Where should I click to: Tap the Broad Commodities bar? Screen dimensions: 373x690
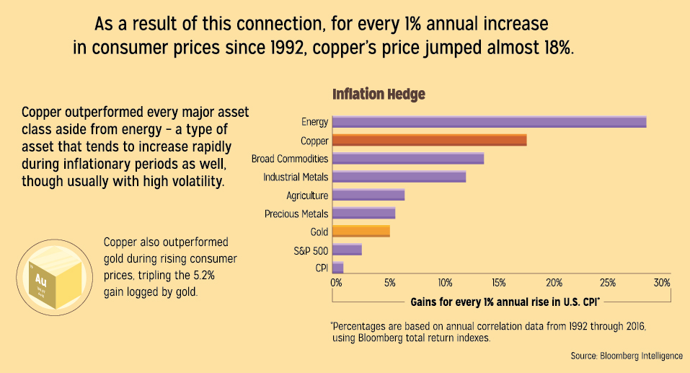(408, 159)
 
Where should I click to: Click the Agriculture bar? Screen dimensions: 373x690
(368, 196)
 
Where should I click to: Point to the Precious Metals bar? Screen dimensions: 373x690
(363, 214)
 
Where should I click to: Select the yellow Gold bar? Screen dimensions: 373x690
(361, 232)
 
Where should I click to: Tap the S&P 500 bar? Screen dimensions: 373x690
(347, 250)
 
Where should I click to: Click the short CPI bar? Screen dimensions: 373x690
(337, 268)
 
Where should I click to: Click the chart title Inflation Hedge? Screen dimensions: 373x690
(378, 95)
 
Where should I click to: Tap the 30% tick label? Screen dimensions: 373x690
(662, 282)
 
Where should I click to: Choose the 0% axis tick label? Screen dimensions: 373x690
(336, 282)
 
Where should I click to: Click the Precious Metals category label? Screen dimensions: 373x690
(296, 214)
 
